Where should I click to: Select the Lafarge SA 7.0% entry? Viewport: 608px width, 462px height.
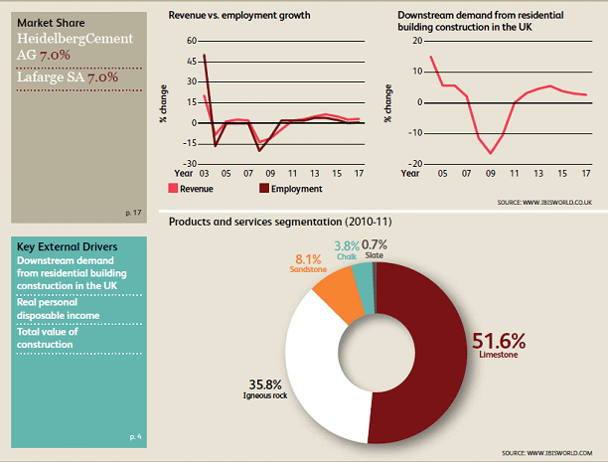67,77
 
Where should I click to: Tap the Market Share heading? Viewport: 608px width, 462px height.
51,22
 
